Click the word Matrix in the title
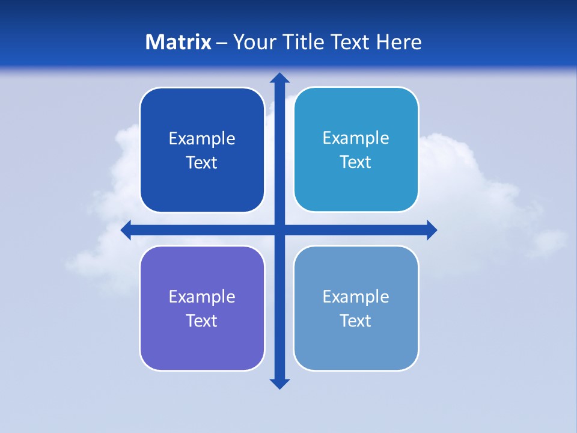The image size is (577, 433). coord(178,42)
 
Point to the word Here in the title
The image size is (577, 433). coord(399,42)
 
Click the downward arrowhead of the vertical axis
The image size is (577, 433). coord(279,383)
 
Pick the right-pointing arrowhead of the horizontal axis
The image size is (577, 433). coord(432,230)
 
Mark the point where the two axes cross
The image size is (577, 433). coord(279,230)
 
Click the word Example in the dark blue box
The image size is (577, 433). coord(202,139)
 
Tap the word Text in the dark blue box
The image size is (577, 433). coord(202,163)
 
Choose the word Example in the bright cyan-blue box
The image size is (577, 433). coord(356,138)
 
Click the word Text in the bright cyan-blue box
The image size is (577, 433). coord(356,162)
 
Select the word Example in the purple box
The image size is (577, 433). coord(202,296)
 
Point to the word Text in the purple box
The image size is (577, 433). coord(202,321)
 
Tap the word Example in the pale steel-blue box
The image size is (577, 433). coord(356,296)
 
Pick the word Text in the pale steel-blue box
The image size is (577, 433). coord(356,321)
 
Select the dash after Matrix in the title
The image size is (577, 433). coord(222,43)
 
